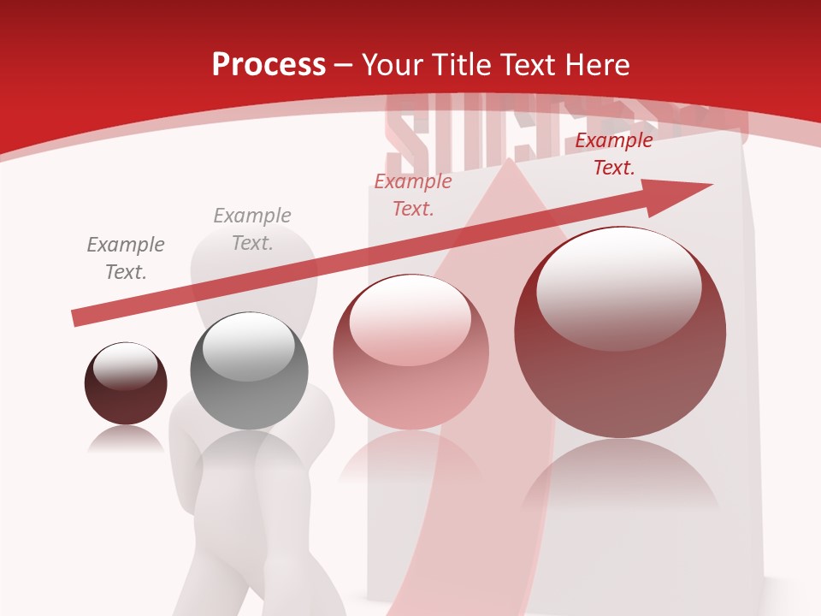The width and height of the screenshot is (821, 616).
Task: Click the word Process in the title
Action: pos(269,65)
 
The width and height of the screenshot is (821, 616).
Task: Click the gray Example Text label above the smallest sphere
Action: pos(125,258)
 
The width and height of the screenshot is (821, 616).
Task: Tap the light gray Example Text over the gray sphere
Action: pos(252,229)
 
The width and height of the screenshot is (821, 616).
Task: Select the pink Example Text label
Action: pos(413,195)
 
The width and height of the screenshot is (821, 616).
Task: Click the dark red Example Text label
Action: pos(613,154)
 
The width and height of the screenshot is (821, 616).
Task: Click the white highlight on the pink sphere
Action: pos(410,321)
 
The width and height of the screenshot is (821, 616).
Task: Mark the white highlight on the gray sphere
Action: pos(248,346)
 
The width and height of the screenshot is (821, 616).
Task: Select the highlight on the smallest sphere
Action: pos(125,366)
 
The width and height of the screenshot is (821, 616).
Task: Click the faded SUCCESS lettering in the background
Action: pos(479,128)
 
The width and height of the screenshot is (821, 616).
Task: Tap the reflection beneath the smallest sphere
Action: pos(126,440)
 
